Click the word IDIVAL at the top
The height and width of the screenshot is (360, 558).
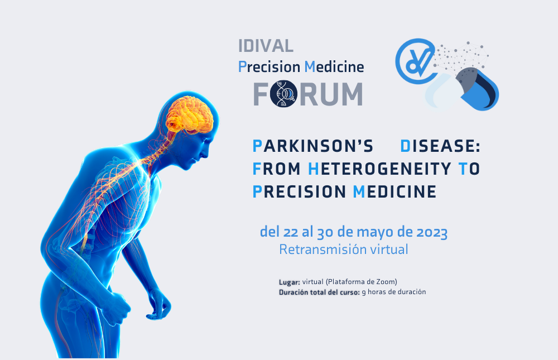coord(266,46)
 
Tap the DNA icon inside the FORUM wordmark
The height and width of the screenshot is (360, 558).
coord(283,94)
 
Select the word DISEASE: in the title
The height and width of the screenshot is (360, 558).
coord(440,146)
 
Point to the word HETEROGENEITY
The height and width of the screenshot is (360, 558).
coord(379,169)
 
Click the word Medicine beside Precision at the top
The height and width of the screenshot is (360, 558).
coord(334,66)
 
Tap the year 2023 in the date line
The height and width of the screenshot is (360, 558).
coord(432,232)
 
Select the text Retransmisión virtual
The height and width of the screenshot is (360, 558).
coord(343,249)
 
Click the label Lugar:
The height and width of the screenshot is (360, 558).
coord(289,282)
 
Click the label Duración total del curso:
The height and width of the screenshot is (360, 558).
coord(319,292)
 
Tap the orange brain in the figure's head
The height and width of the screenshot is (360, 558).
coord(190,114)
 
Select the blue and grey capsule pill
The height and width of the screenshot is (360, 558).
coord(462,89)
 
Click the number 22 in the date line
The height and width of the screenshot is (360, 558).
coord(290,232)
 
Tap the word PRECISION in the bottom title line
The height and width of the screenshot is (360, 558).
coord(299,191)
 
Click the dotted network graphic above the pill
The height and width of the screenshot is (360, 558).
coord(461,56)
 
